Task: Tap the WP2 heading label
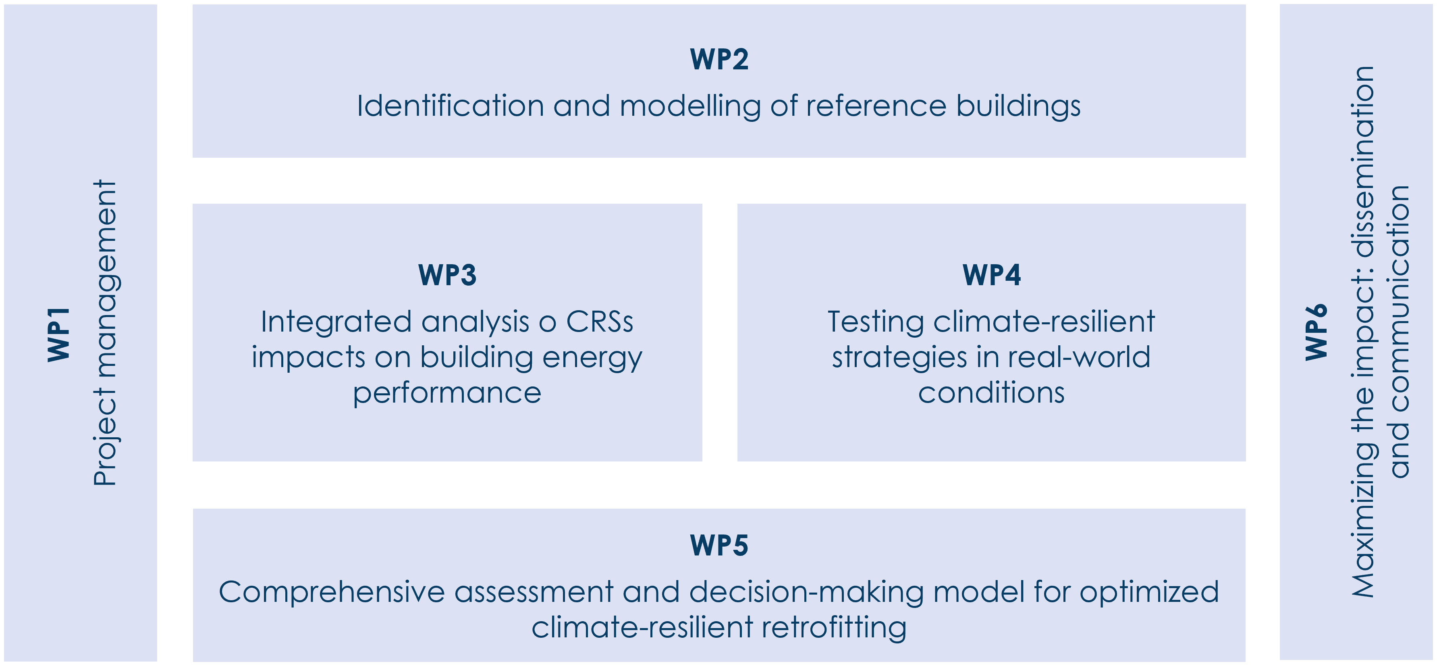pyautogui.click(x=718, y=59)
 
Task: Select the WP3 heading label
pyautogui.click(x=447, y=275)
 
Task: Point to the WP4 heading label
pyautogui.click(x=991, y=275)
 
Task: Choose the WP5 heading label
pyautogui.click(x=718, y=545)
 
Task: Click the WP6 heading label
pyautogui.click(x=1317, y=332)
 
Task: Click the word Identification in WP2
pyautogui.click(x=450, y=106)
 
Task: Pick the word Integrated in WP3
pyautogui.click(x=336, y=322)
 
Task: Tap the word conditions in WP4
pyautogui.click(x=991, y=393)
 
